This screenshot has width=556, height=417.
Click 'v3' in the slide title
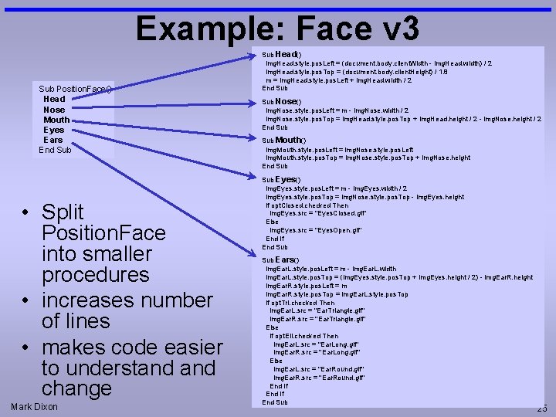pos(398,29)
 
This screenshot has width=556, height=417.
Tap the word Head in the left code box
pos(54,99)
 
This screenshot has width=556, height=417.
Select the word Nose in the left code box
pos(54,110)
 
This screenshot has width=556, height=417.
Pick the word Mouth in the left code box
pos(56,120)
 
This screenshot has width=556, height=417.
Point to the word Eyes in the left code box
pos(54,131)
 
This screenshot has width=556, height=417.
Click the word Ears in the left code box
pos(53,141)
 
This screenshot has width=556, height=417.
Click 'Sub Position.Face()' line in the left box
pos(75,89)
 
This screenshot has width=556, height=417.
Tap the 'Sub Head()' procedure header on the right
pos(282,55)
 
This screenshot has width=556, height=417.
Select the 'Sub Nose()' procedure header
pos(282,102)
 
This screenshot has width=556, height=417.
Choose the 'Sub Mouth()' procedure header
pos(284,141)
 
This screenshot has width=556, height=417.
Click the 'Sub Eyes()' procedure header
pos(282,179)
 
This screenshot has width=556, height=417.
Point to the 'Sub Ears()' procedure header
pos(281,260)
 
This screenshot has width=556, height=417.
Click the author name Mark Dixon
pos(34,406)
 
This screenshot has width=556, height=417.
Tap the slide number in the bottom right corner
pos(541,408)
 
